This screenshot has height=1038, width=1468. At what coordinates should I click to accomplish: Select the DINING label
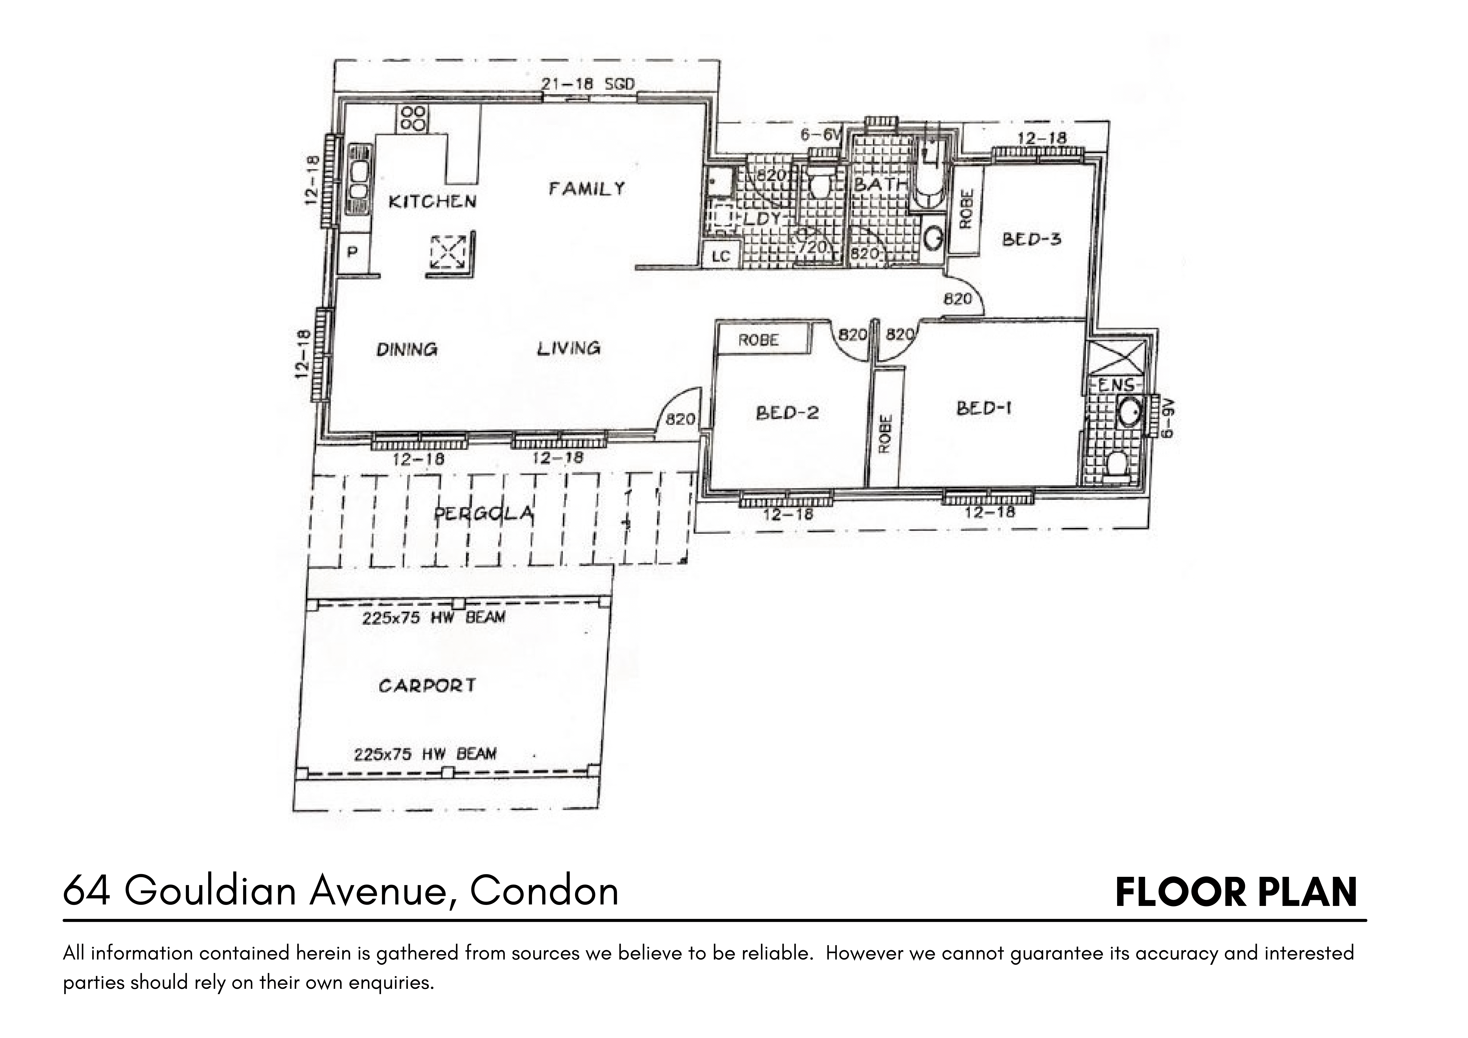pos(407,349)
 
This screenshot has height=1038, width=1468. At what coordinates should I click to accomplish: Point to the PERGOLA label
pos(483,514)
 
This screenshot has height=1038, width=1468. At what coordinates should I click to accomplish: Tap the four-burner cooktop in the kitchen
pos(413,119)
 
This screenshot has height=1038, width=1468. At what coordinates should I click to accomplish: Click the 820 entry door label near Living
pos(680,419)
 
